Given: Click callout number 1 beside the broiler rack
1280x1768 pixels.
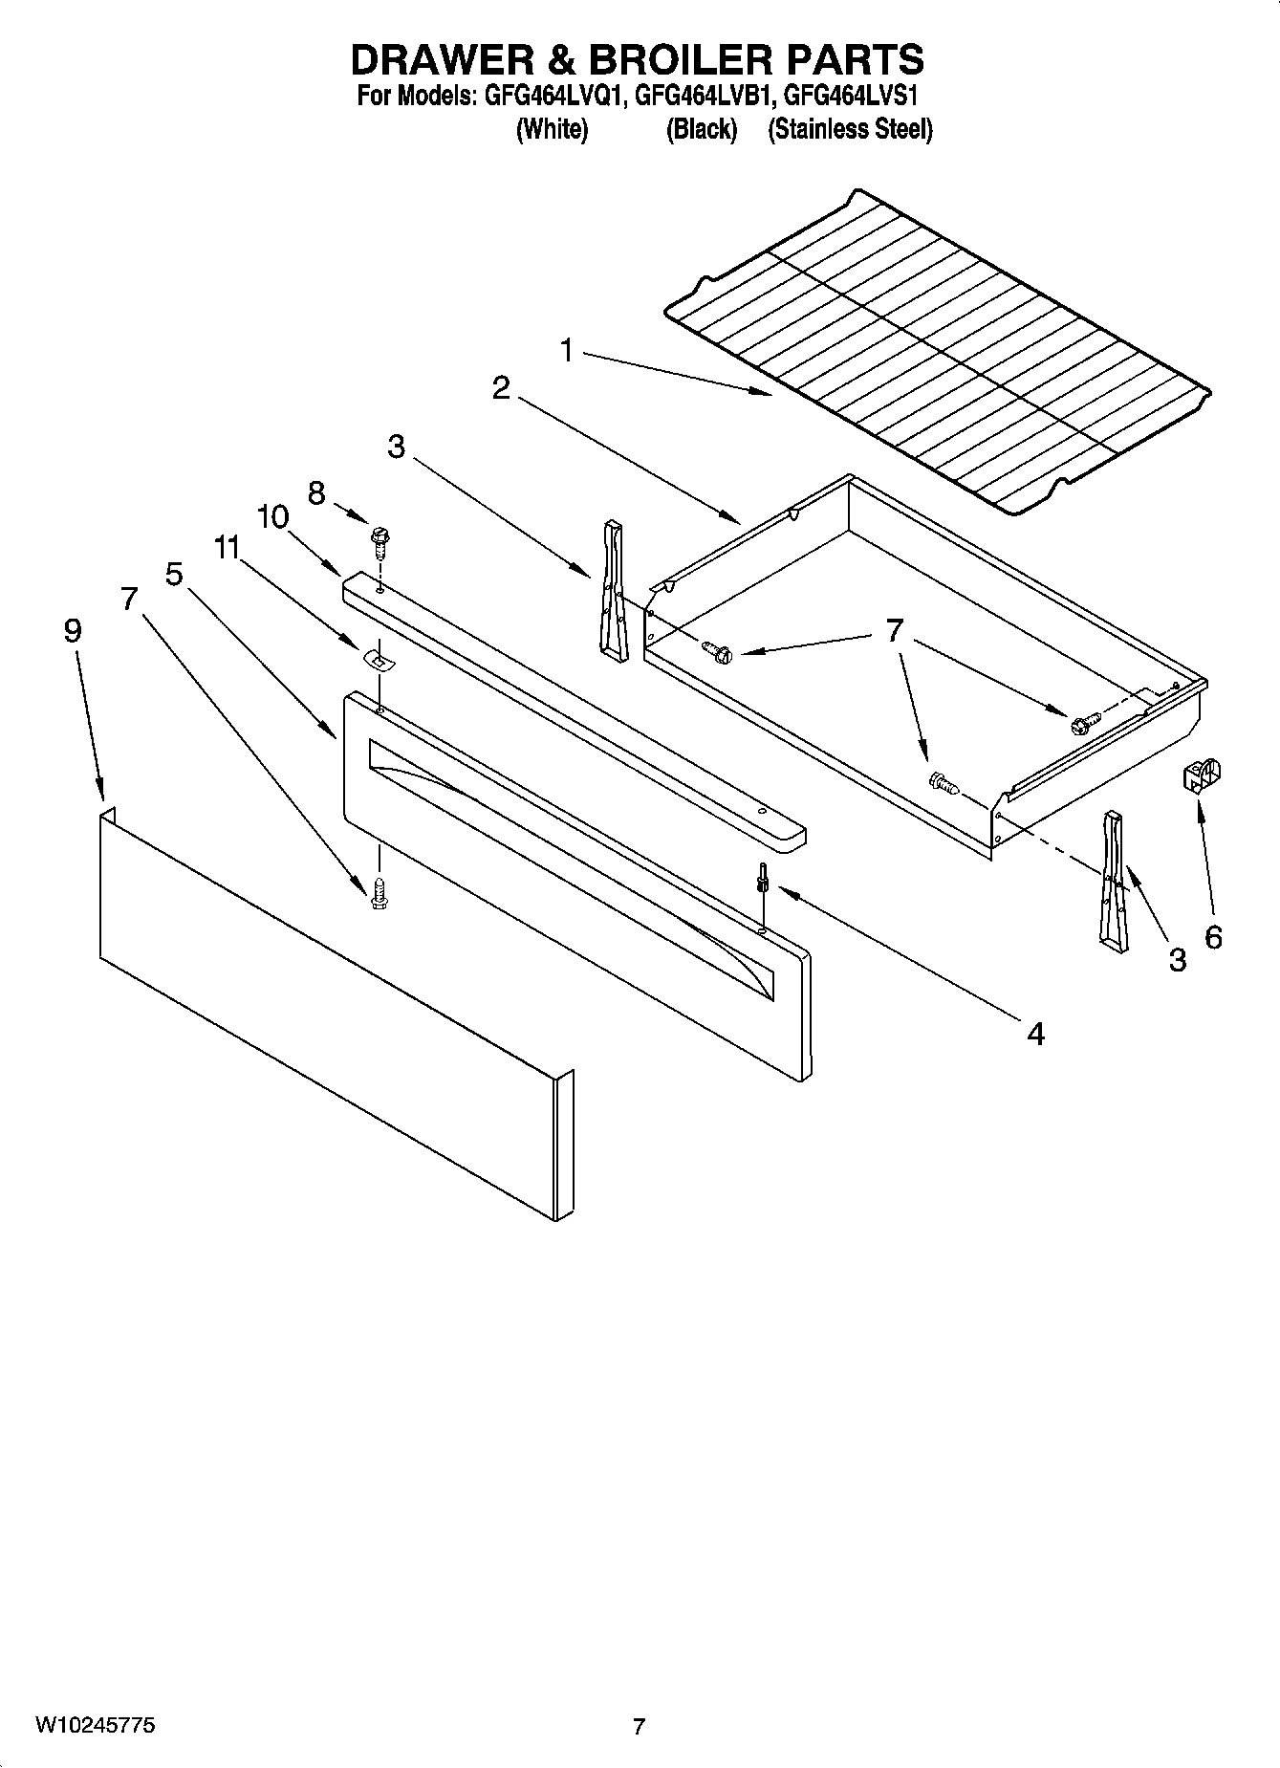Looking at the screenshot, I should (x=566, y=351).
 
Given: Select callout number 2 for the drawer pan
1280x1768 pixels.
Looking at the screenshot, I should (x=501, y=388).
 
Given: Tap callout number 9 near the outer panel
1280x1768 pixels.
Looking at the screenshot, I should (x=73, y=630).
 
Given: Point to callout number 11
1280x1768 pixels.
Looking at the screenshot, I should (x=226, y=547).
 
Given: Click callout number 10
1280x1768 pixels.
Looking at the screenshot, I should (x=272, y=517).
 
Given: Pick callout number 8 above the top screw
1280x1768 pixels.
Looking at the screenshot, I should (x=316, y=492).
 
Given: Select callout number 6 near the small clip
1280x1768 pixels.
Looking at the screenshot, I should (x=1212, y=937).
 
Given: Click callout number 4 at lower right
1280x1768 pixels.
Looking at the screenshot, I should (x=1035, y=1033).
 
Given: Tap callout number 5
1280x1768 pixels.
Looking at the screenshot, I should (x=173, y=574).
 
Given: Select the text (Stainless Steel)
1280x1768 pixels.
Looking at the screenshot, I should (x=850, y=129).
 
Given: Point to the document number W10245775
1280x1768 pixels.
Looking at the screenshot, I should (x=96, y=1725).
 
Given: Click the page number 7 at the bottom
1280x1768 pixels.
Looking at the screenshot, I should (x=639, y=1726).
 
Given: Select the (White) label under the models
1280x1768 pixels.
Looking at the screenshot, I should (x=552, y=129).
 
